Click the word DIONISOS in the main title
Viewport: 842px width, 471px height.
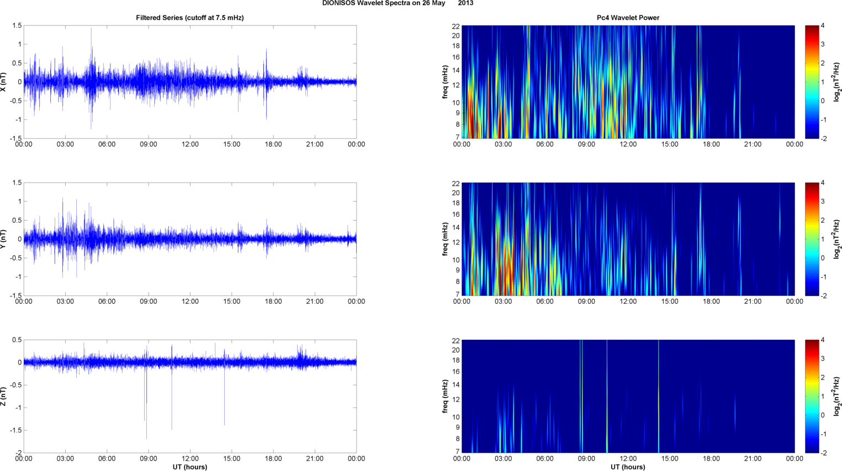[338, 3]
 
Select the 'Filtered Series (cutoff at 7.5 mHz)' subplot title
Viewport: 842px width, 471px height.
[189, 18]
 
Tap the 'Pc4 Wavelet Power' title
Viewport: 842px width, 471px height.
[628, 18]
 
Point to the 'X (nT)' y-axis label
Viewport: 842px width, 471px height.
[4, 82]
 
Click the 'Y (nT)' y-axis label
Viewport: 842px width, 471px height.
[4, 239]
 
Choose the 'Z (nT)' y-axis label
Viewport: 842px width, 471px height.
[4, 396]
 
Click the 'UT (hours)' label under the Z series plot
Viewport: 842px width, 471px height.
[189, 467]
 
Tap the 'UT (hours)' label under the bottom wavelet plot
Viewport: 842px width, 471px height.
[628, 467]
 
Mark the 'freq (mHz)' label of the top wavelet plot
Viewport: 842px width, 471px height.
[445, 82]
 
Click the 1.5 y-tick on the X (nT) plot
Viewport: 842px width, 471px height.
[17, 26]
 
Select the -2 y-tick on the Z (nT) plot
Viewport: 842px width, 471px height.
[18, 453]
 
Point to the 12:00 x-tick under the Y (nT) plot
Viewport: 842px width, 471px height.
[190, 302]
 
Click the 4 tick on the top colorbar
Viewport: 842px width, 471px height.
[823, 26]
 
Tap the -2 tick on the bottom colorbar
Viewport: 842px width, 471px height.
[822, 453]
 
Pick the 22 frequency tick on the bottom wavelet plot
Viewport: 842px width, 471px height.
[456, 341]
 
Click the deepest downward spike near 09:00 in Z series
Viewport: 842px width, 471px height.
[146, 438]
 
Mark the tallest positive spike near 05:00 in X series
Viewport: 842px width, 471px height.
[91, 29]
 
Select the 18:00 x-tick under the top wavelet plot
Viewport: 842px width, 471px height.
[711, 144]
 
